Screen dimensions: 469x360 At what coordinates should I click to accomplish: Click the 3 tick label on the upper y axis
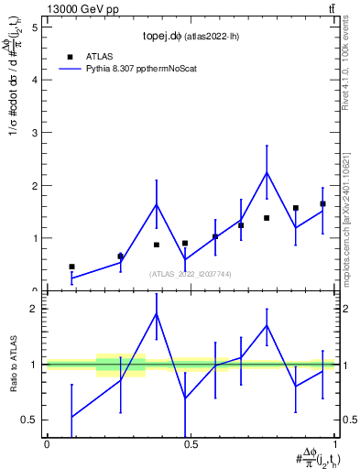36,133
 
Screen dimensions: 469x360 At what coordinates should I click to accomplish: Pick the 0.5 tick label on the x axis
191,443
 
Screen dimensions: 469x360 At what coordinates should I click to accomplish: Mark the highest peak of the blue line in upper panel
267,172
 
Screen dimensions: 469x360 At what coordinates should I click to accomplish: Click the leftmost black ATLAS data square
71,267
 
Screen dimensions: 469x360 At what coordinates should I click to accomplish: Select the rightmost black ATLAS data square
322,203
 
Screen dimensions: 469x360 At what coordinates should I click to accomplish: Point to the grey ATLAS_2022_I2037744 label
191,273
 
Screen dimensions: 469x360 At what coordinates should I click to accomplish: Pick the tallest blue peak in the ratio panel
157,313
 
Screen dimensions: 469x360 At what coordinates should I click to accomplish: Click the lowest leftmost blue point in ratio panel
71,417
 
